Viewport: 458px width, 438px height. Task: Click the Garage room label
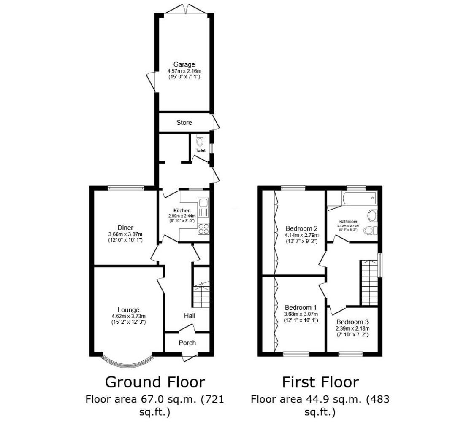(x=184, y=64)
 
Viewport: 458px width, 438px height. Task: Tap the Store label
(x=184, y=123)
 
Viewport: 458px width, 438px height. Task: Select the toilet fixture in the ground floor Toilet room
(x=200, y=140)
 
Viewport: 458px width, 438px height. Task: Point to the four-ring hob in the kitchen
(x=203, y=229)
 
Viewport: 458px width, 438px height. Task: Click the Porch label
(x=187, y=343)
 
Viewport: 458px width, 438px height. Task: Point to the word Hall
(x=190, y=316)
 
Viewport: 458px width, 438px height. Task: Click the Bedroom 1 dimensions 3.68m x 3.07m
(x=301, y=314)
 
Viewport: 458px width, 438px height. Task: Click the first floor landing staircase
(x=369, y=282)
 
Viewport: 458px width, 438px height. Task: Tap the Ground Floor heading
(x=154, y=382)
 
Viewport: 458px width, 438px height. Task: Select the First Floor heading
(x=320, y=382)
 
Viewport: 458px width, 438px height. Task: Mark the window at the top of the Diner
(x=121, y=188)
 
